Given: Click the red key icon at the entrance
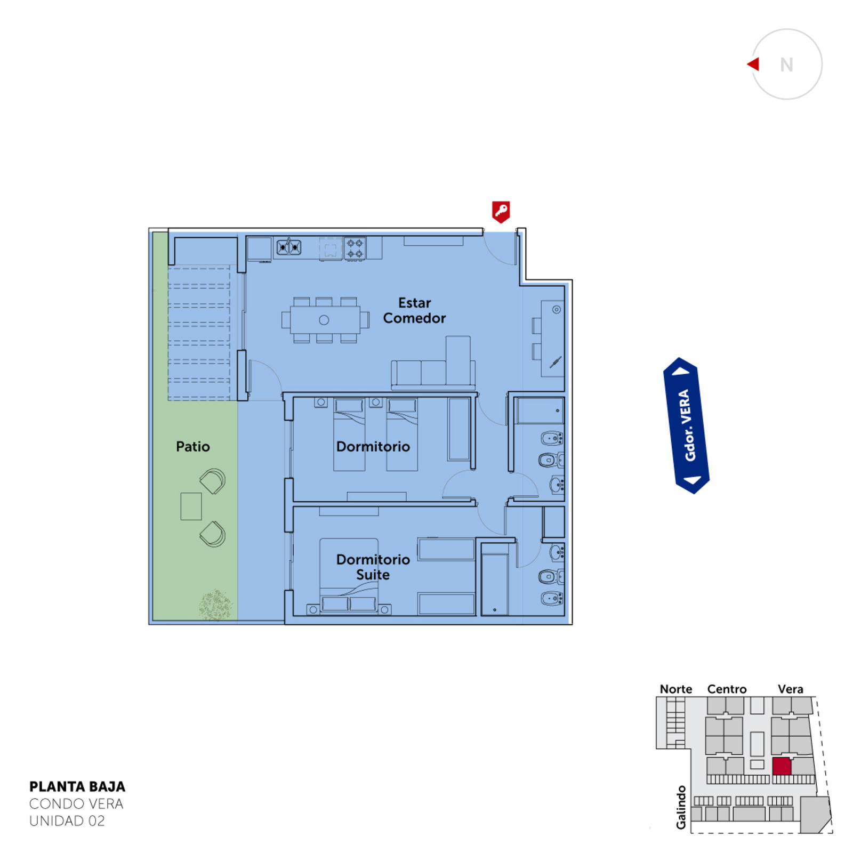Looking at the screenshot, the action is coord(501,212).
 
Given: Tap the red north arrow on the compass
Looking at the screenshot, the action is coord(753,64).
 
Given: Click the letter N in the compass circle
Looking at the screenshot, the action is coord(786,65).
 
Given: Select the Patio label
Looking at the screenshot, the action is coord(192,446).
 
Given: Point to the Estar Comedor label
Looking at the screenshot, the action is coord(414,310).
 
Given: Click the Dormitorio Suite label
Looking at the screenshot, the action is coord(373,567).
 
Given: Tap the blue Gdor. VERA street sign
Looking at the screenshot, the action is coord(686,425).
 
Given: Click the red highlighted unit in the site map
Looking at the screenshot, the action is coord(782,766).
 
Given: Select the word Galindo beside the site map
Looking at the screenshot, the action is coord(681,807).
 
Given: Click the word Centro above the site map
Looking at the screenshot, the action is coord(727,689).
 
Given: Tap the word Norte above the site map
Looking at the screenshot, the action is coord(675,689).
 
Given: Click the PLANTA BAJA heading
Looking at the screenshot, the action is coord(77,787).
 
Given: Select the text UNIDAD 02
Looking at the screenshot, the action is coord(67,821).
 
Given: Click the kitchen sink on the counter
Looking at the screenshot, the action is coord(288,247).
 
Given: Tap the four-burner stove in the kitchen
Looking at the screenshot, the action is coord(355,248).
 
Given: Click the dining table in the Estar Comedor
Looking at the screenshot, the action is coord(325,320).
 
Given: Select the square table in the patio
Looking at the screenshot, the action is coord(191,506).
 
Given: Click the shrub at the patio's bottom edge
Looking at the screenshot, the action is coord(215,605).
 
